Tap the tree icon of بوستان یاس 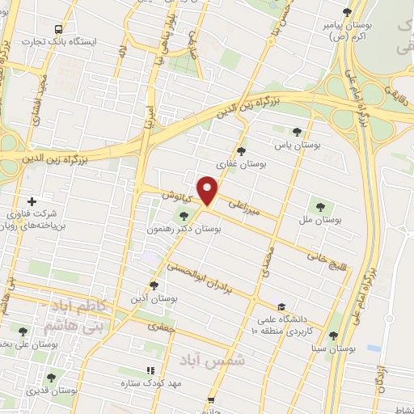tap(298, 130)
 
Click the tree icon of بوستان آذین tap(154, 285)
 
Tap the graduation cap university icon tap(281, 306)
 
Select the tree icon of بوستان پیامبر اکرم tap(347, 12)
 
